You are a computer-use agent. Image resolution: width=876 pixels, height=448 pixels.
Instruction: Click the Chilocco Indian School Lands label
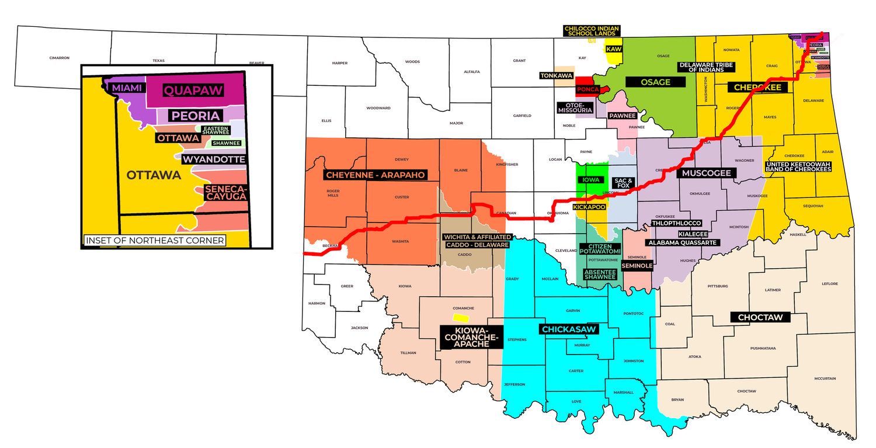click(x=591, y=31)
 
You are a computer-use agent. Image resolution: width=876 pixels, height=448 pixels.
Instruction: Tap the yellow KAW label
click(x=613, y=49)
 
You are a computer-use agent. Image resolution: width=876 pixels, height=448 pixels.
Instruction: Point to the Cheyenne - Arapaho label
click(x=374, y=175)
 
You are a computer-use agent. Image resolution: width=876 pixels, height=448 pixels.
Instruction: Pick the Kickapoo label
click(x=589, y=207)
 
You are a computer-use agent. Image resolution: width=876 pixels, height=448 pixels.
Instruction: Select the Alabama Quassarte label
click(x=682, y=242)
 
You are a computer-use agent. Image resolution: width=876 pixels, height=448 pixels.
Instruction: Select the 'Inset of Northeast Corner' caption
click(x=155, y=240)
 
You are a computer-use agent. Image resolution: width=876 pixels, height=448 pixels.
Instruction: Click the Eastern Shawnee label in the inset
click(x=215, y=131)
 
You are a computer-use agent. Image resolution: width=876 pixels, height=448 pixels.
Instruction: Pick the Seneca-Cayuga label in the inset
click(x=225, y=193)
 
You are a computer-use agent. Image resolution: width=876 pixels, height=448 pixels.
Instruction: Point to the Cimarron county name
click(x=60, y=58)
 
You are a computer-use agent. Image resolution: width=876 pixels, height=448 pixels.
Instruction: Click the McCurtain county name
click(x=829, y=379)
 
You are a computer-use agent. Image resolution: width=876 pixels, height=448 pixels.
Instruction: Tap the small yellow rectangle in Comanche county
click(x=461, y=318)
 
